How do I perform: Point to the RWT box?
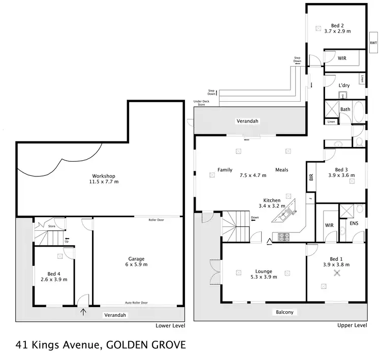click(x=373, y=43)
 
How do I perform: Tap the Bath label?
click(x=345, y=109)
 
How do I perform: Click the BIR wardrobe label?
click(x=311, y=177)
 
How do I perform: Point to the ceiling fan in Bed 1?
click(x=336, y=273)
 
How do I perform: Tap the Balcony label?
click(x=285, y=312)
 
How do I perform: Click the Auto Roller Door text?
click(x=136, y=303)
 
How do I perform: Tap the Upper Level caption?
click(x=352, y=325)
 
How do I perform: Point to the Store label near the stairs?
click(x=51, y=226)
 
